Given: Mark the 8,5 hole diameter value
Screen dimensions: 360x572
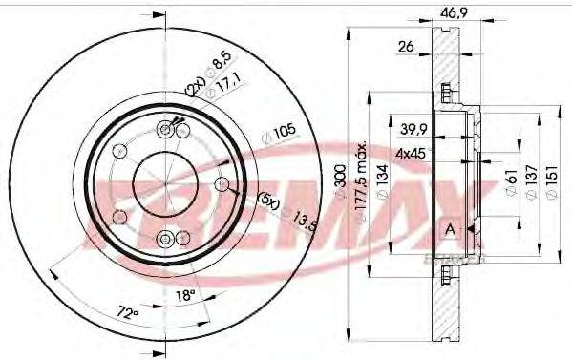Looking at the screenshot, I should point(223,65).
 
